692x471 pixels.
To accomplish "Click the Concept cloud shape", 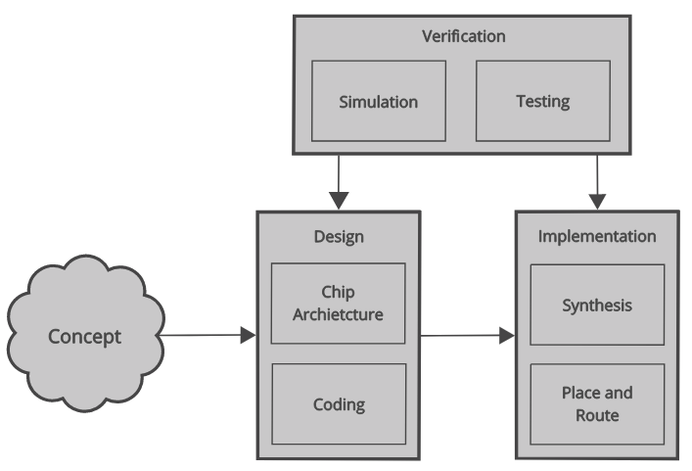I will (86, 336).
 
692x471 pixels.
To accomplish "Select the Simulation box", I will (379, 101).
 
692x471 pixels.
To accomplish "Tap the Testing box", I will (542, 101).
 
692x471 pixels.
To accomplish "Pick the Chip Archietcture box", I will (338, 303).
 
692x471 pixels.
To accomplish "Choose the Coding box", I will (338, 402).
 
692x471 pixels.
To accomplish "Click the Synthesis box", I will (597, 305).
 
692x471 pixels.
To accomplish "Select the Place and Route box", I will (597, 403).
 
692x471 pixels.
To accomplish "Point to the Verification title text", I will (463, 37).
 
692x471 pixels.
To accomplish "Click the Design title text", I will (338, 236).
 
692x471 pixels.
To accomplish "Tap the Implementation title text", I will (597, 236).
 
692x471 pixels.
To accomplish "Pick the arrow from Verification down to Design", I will (338, 181).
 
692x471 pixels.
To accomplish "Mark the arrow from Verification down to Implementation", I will (597, 181).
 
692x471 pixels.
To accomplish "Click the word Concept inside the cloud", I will (86, 337).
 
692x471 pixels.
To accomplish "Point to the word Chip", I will (338, 292).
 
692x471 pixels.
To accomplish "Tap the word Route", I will (597, 415).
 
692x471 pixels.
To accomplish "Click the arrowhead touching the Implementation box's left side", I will (507, 336).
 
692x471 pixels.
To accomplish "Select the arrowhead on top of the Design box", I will (338, 201).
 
